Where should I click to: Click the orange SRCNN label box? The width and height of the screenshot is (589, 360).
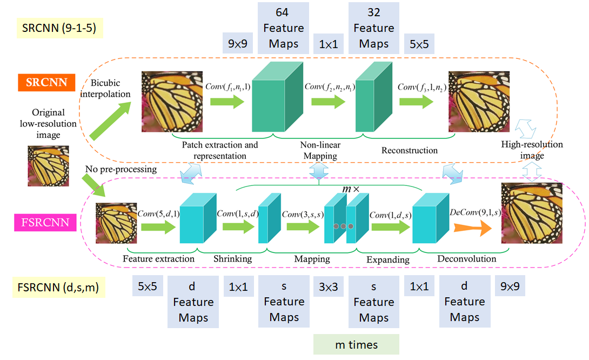[46, 83]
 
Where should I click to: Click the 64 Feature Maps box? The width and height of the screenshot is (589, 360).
[284, 28]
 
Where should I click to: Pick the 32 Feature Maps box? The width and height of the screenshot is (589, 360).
[374, 28]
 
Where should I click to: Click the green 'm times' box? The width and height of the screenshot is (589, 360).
[356, 344]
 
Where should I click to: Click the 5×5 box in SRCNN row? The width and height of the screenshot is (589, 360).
[419, 44]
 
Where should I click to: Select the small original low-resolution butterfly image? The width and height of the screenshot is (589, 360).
[48, 166]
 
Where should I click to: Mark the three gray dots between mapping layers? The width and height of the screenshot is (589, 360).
[343, 226]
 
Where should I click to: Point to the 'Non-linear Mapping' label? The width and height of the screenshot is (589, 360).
[320, 150]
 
